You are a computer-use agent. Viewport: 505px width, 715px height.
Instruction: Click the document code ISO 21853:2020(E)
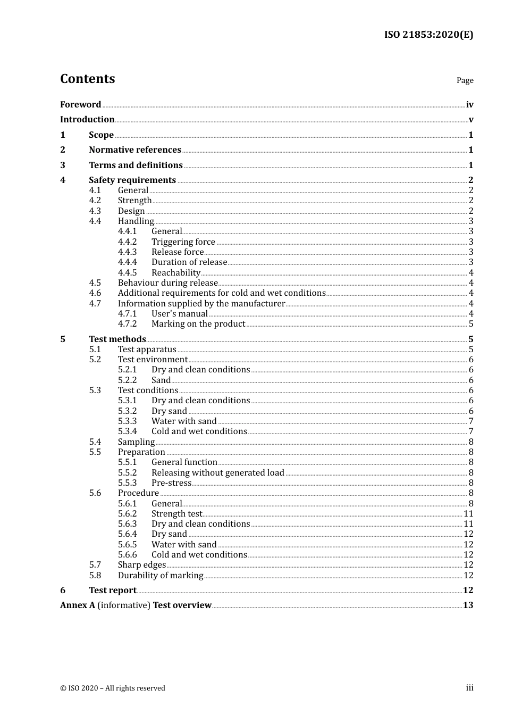tap(428, 35)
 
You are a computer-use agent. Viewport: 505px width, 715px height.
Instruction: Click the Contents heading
tap(87, 79)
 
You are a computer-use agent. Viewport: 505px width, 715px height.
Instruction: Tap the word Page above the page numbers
tap(465, 80)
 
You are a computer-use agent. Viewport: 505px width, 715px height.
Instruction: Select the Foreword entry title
tap(80, 105)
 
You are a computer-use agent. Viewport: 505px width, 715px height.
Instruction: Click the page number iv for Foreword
tap(469, 105)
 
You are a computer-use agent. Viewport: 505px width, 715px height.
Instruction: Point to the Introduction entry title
tap(87, 120)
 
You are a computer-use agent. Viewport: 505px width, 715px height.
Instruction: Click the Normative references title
tap(135, 150)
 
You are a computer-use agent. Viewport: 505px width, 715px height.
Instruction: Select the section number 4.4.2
tap(127, 242)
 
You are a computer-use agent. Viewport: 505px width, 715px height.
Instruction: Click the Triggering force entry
tap(183, 242)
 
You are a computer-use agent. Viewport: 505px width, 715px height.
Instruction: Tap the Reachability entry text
tap(175, 273)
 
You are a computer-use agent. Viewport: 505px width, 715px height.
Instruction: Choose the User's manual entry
tap(179, 314)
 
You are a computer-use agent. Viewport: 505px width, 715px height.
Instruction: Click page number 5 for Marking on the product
tap(471, 324)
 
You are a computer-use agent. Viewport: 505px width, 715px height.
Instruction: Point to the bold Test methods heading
tap(117, 339)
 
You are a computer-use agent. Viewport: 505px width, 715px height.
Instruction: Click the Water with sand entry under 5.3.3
tap(184, 421)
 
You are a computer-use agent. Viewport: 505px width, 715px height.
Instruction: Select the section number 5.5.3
tap(127, 483)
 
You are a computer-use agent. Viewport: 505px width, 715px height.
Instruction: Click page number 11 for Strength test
tap(468, 514)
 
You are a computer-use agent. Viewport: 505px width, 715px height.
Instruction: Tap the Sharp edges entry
tap(141, 565)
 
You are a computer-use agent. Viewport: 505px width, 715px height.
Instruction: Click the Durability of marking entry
tap(160, 576)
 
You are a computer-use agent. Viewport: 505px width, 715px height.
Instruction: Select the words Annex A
tap(78, 605)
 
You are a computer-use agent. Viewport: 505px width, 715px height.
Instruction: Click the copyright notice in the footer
tap(113, 688)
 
